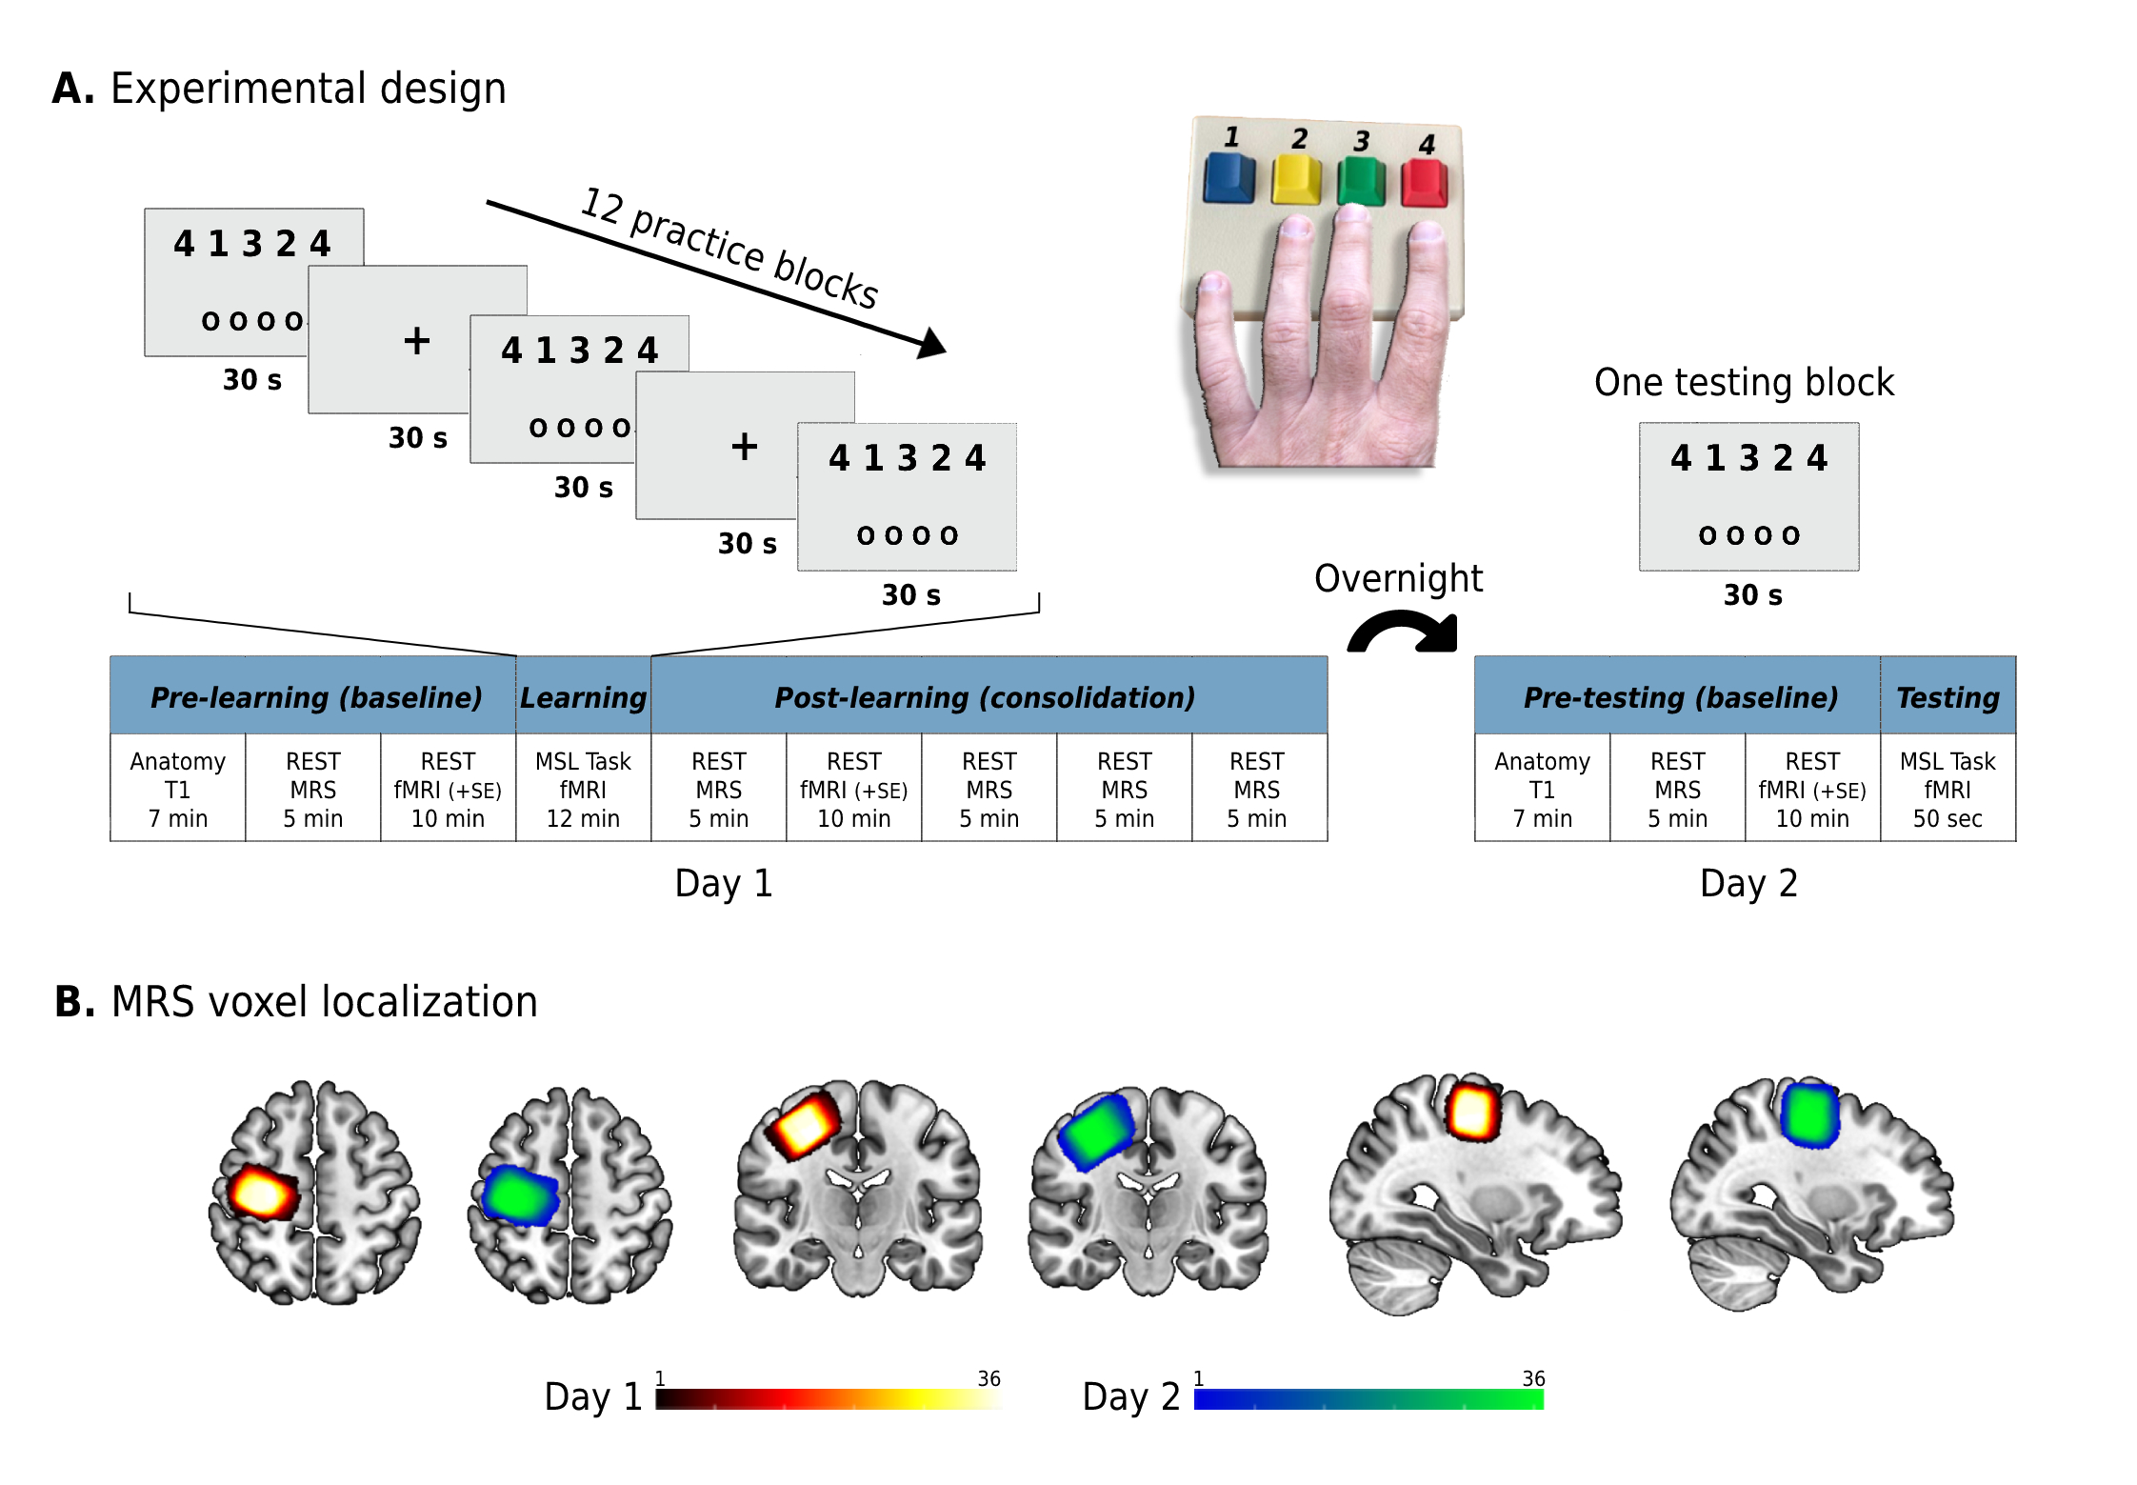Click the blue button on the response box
1228,179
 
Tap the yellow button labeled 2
1296,181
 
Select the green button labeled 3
1361,182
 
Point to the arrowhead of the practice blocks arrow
931,344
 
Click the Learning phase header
583,696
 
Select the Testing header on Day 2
1947,696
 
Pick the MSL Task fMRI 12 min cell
583,789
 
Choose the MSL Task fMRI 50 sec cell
1947,789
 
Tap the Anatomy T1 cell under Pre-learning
178,789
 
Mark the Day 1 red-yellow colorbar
829,1399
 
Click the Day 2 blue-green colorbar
1368,1399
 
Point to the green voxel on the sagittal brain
1809,1114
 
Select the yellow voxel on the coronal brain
802,1125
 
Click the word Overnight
1398,578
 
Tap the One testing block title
1744,382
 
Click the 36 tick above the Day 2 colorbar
1533,1378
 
